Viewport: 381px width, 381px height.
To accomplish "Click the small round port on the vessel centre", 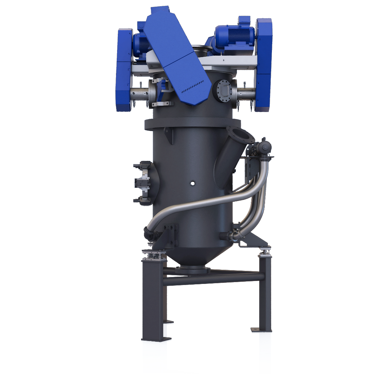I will pyautogui.click(x=193, y=183).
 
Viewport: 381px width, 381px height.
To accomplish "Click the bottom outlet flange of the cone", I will pyautogui.click(x=192, y=270).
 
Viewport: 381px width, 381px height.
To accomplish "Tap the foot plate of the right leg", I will pyautogui.click(x=260, y=330).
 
